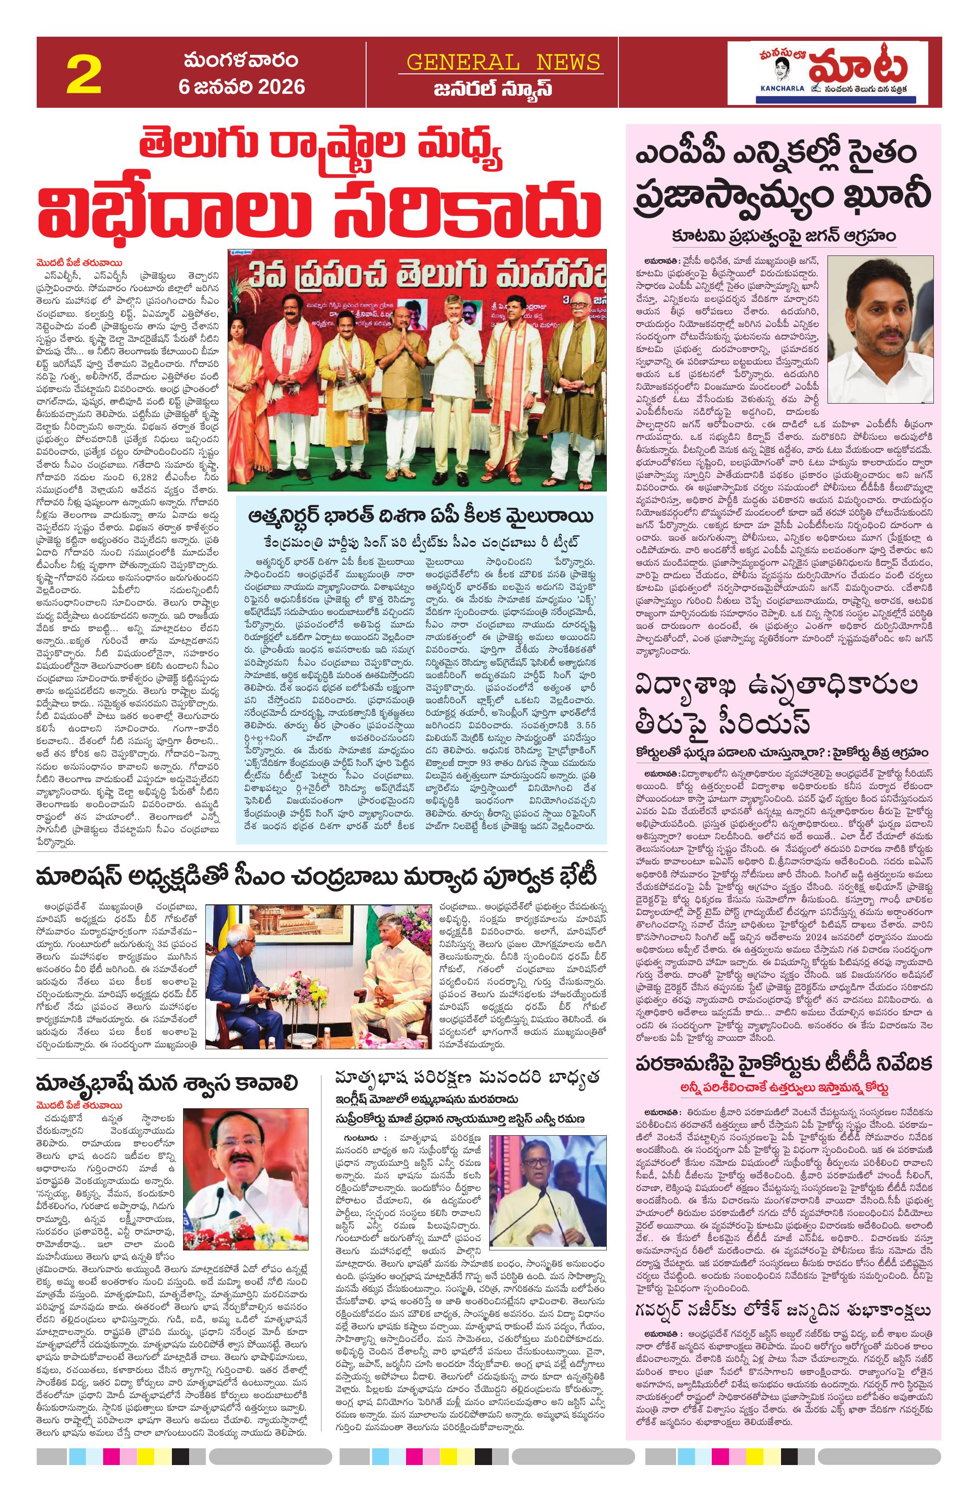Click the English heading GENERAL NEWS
(503, 62)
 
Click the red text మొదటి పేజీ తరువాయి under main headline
(78, 263)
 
